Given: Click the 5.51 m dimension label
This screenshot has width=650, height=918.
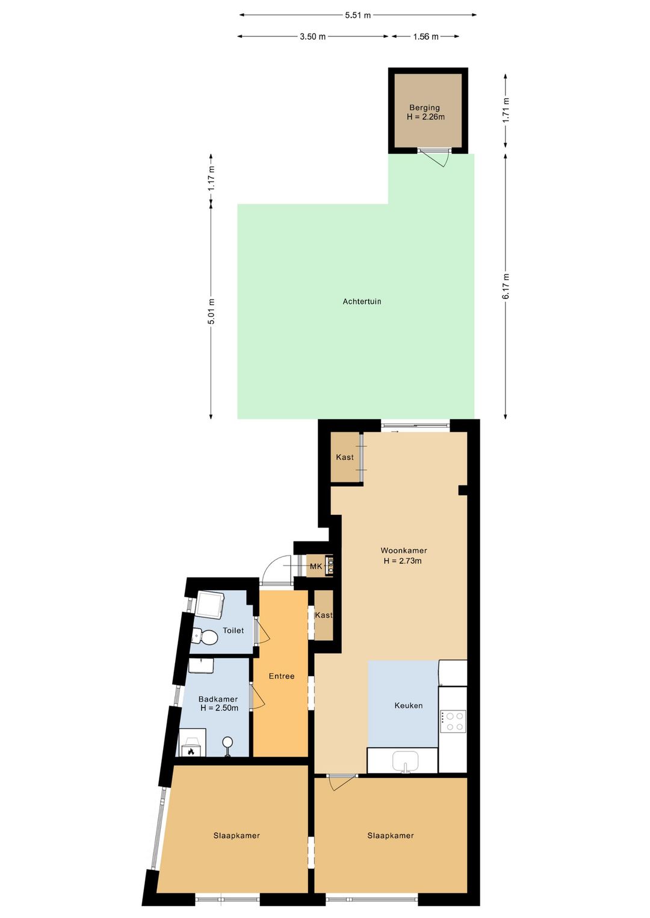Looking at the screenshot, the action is coord(358,15).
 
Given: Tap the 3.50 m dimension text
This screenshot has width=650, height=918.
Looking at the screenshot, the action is coord(312,37).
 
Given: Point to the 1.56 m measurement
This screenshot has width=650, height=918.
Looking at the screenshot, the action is coord(426,37).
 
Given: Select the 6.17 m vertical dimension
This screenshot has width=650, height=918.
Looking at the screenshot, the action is coord(505,286).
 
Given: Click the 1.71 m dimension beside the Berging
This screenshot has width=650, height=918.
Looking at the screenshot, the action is coord(505,110).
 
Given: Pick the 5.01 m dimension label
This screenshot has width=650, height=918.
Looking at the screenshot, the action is coord(211,312).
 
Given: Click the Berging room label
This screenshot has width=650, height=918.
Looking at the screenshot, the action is coord(424,108).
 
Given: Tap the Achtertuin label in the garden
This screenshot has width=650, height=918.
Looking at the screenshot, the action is coord(362,301).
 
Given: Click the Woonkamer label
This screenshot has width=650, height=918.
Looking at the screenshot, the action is coord(403,550).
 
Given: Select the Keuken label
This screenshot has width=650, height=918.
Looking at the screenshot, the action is coord(409,705).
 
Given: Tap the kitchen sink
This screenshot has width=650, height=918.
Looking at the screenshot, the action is coord(405,762).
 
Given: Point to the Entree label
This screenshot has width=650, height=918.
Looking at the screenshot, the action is coord(281,676).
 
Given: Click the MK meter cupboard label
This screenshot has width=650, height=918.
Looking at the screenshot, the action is coord(316,566).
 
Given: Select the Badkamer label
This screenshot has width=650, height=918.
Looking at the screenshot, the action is coord(218,699).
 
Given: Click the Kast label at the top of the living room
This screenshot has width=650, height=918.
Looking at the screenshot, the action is coord(344,457).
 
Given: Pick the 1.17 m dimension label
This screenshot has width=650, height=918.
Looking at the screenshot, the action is coord(211,177).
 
